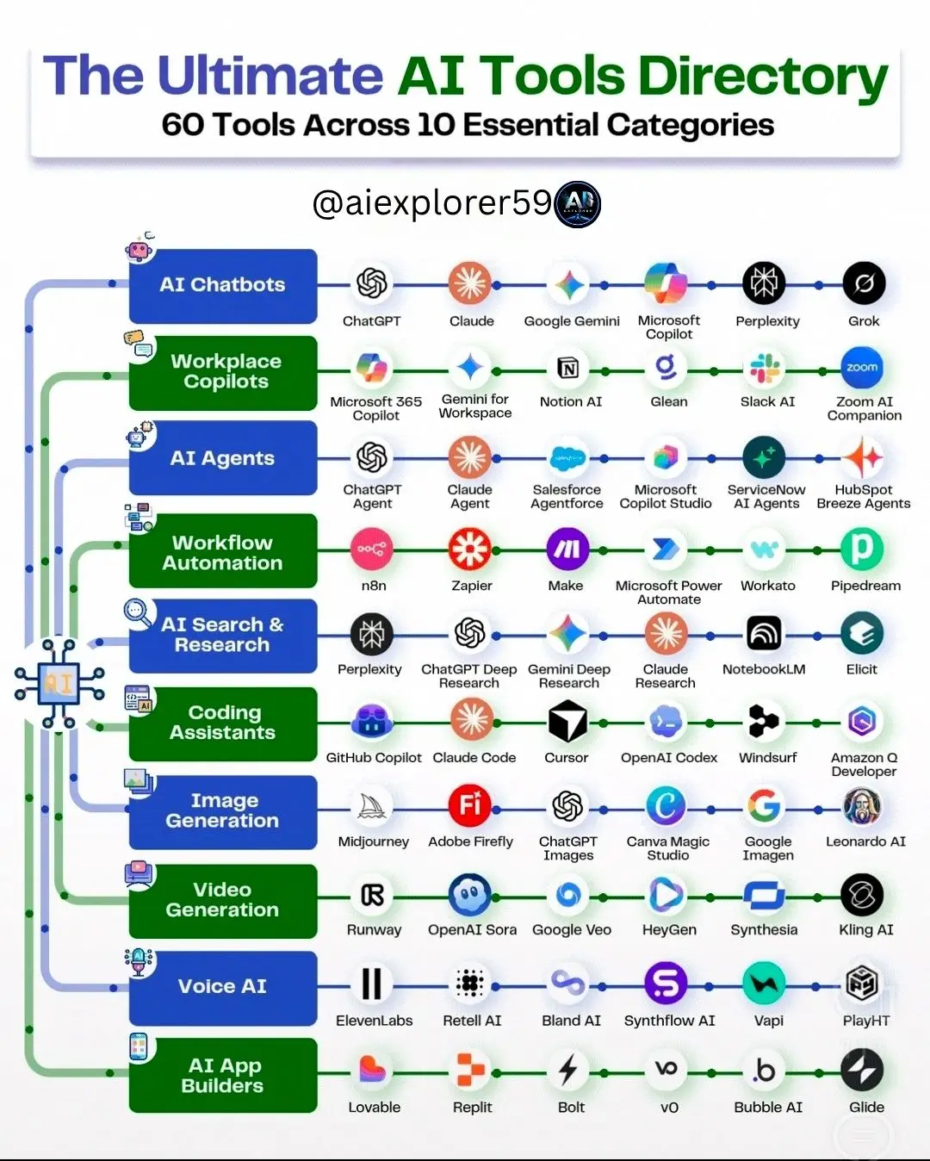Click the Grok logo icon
[864, 283]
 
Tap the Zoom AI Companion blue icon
[862, 368]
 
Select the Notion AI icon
[568, 369]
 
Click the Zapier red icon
[470, 549]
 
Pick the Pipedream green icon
[862, 549]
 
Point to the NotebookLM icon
[764, 633]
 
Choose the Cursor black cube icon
[567, 721]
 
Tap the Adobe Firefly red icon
[470, 806]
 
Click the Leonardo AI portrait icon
[862, 806]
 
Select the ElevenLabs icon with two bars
[372, 984]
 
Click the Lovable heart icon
[373, 1069]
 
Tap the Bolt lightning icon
[567, 1070]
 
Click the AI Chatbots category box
[223, 286]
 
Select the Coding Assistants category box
[223, 723]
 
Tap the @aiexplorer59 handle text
[432, 203]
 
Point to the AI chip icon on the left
[59, 683]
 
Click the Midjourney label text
[374, 841]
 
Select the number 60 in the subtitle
[183, 125]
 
